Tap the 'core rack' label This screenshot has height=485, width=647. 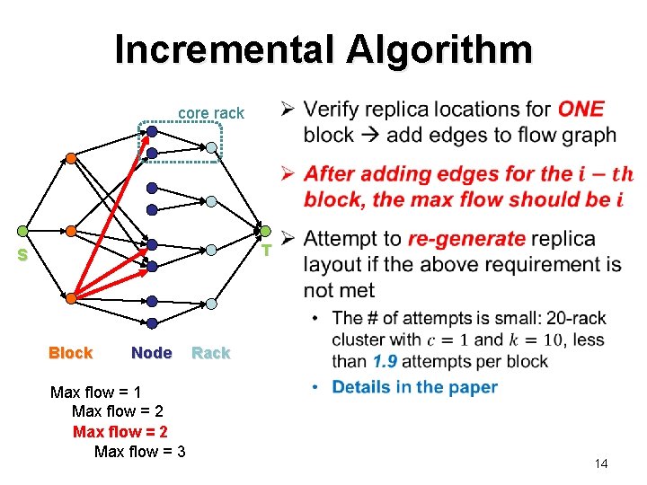pyautogui.click(x=211, y=113)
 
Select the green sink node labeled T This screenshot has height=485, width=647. pyautogui.click(x=265, y=231)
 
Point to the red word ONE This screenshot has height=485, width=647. pyautogui.click(x=581, y=110)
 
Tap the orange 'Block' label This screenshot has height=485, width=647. pyautogui.click(x=70, y=353)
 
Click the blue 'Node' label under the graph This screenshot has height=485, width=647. pyautogui.click(x=151, y=353)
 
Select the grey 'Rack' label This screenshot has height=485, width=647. pyautogui.click(x=211, y=353)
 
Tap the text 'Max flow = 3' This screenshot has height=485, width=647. pyautogui.click(x=139, y=451)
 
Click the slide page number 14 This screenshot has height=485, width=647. pyautogui.click(x=601, y=463)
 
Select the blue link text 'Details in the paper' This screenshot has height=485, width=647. pyautogui.click(x=414, y=387)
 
